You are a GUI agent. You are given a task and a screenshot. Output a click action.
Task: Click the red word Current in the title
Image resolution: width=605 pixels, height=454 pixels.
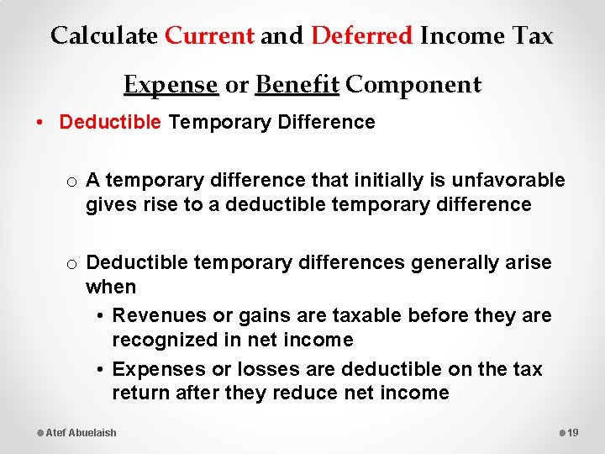coord(209,36)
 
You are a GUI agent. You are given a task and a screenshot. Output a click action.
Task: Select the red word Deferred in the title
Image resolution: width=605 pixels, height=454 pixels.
coord(362,36)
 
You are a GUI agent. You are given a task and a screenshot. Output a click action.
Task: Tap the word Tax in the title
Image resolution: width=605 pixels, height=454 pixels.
coord(533,36)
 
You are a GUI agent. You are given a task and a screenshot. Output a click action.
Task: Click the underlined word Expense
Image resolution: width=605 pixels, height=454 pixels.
coord(171,85)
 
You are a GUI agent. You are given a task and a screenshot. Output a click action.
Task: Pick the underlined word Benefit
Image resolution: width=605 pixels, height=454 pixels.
coord(297,85)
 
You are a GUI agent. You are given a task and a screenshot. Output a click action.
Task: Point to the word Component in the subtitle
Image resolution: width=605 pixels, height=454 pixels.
coord(413,85)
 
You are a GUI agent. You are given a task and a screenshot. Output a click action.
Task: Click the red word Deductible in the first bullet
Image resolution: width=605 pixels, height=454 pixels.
coord(109,123)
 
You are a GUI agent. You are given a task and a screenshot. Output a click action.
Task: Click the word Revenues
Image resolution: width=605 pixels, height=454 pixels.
coord(154,316)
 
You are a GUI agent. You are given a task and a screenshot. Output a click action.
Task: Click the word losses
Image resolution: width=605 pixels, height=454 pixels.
coord(266,370)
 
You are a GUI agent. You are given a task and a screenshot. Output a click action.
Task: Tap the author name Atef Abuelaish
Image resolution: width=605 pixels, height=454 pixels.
coord(82,433)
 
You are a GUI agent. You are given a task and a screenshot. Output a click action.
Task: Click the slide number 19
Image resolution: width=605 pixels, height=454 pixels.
coord(574,433)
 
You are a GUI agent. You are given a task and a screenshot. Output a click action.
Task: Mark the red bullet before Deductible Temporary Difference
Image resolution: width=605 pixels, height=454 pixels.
coord(41,123)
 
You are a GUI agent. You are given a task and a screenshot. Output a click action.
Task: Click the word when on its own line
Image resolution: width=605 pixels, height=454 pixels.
coord(110,288)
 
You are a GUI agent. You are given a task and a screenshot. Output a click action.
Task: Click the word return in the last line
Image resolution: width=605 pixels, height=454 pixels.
coord(141,393)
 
